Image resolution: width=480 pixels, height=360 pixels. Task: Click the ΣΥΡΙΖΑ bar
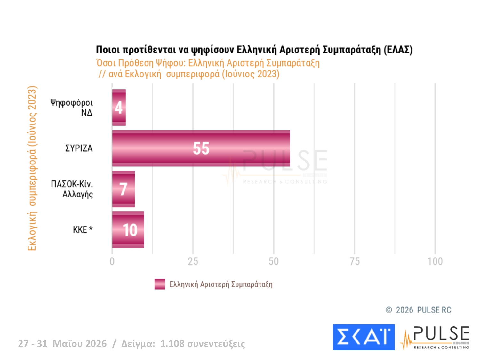click(201, 148)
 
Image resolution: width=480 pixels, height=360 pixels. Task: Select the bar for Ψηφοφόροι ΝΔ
click(119, 108)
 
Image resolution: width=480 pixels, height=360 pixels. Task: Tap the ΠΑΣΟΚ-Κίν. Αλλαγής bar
click(124, 189)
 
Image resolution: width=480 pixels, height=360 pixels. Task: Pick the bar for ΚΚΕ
click(128, 230)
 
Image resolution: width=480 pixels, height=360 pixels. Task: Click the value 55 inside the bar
click(201, 148)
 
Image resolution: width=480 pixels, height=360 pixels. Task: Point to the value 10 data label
click(130, 230)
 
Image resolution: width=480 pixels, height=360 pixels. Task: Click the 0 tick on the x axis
click(112, 261)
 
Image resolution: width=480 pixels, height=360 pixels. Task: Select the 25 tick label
click(193, 261)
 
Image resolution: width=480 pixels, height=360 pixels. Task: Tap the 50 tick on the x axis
click(274, 261)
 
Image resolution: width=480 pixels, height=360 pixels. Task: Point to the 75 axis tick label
click(355, 261)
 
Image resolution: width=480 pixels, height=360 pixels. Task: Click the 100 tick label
click(435, 261)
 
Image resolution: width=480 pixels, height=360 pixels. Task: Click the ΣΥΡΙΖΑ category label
click(79, 148)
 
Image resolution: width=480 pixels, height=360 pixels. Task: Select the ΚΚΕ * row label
click(83, 230)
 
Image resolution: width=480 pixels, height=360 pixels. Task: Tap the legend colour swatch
click(160, 284)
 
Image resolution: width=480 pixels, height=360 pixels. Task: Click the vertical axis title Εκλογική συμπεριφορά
click(32, 168)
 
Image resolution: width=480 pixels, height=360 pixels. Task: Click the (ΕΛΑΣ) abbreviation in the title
click(398, 50)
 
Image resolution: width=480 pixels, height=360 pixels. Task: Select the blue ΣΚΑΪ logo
click(364, 337)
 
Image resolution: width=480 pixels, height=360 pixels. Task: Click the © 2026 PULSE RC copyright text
click(418, 310)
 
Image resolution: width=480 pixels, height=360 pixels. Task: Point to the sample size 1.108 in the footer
click(172, 344)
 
